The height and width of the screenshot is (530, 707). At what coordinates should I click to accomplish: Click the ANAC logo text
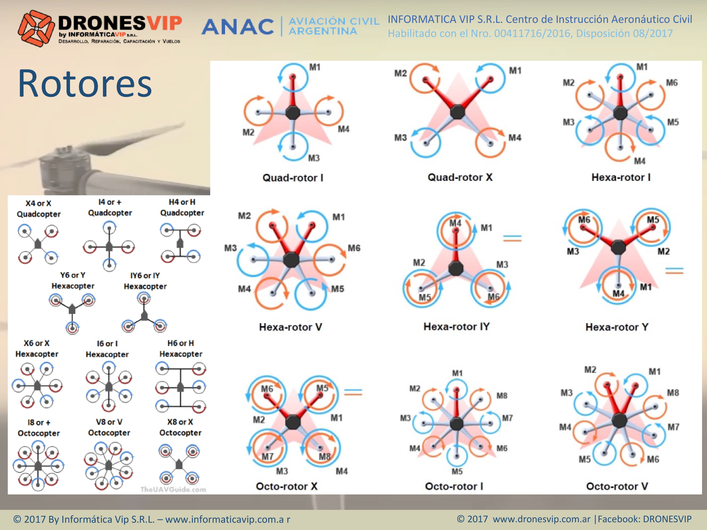[x=238, y=27]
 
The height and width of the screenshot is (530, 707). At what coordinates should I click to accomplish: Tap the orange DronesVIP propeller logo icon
[x=36, y=28]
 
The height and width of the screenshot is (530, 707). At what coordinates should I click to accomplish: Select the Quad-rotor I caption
[x=293, y=178]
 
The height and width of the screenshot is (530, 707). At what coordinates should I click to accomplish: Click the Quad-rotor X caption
[x=460, y=177]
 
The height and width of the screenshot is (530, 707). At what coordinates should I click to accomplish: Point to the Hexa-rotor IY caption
[x=456, y=326]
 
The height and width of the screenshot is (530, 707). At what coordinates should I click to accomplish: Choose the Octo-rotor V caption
[x=617, y=486]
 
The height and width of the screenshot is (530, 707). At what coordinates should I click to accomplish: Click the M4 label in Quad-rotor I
[x=344, y=129]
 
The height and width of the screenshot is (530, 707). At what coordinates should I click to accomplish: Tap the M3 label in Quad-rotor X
[x=400, y=138]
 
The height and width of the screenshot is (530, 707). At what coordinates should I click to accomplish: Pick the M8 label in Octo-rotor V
[x=673, y=393]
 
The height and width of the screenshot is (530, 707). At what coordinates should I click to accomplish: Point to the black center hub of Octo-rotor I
[x=456, y=424]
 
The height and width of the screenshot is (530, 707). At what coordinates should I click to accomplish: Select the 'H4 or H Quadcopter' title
[x=182, y=207]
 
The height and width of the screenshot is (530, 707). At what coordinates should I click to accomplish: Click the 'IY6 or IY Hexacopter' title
[x=145, y=281]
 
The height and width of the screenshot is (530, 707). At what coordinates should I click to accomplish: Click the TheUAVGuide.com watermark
[x=173, y=489]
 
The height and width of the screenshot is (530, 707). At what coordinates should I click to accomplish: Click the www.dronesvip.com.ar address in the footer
[x=541, y=519]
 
